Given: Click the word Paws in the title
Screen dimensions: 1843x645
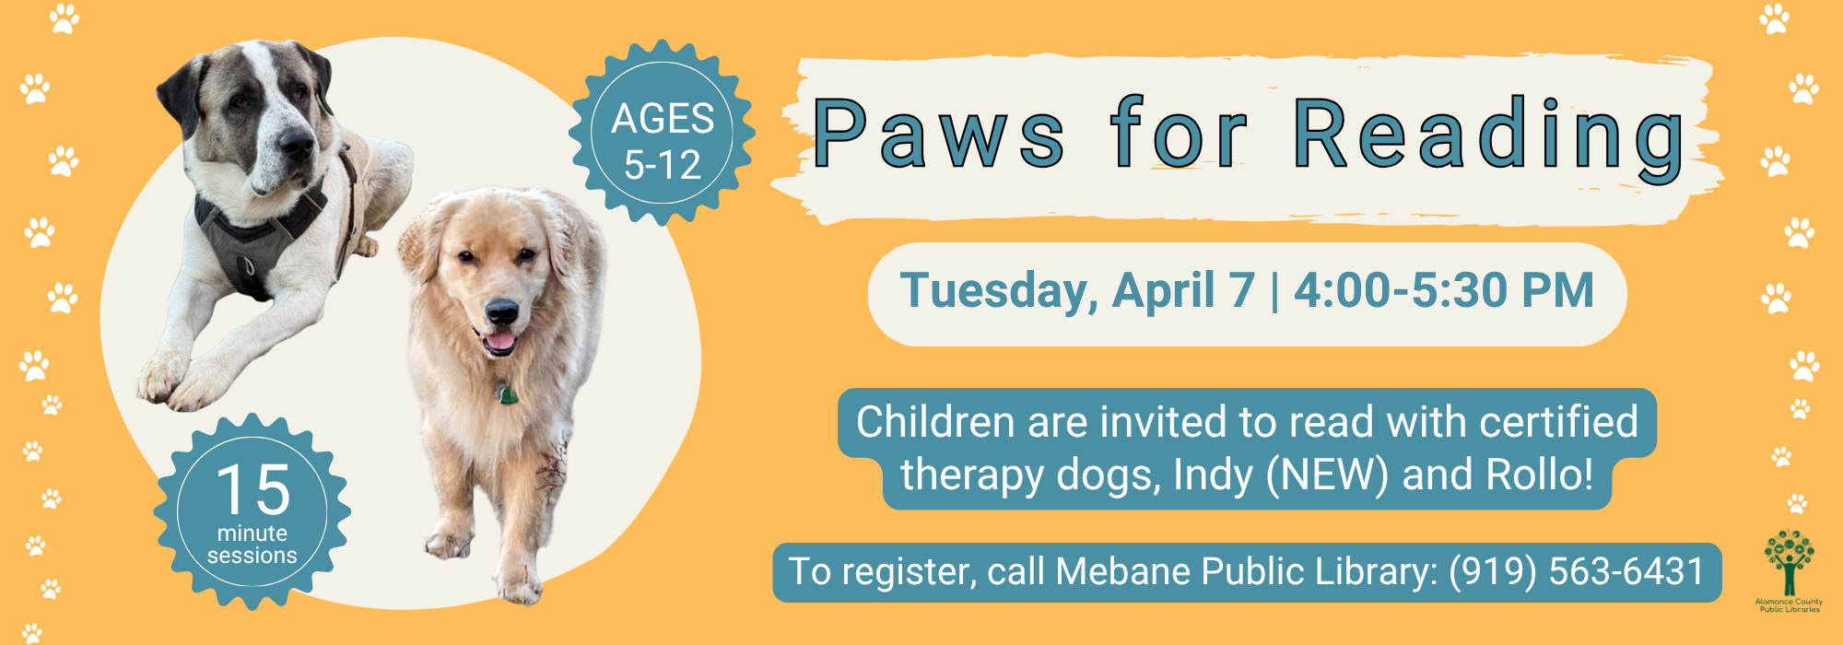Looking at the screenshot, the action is (x=938, y=135).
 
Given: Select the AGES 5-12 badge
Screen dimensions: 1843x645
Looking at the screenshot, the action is (x=663, y=133).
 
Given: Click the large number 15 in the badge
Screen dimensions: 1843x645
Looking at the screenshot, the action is (x=253, y=489).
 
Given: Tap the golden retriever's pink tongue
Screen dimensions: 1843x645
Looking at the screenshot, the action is (x=499, y=344).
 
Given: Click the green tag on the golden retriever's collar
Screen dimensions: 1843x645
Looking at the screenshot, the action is (x=507, y=394).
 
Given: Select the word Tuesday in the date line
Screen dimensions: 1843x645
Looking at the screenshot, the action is (x=999, y=291).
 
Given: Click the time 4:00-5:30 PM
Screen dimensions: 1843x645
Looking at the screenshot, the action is (x=1444, y=291).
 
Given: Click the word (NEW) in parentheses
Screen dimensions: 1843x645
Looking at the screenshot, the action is (x=1327, y=475).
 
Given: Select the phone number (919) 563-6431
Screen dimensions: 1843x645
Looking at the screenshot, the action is (x=1577, y=571).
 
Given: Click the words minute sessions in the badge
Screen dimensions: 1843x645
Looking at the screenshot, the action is (x=252, y=545).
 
